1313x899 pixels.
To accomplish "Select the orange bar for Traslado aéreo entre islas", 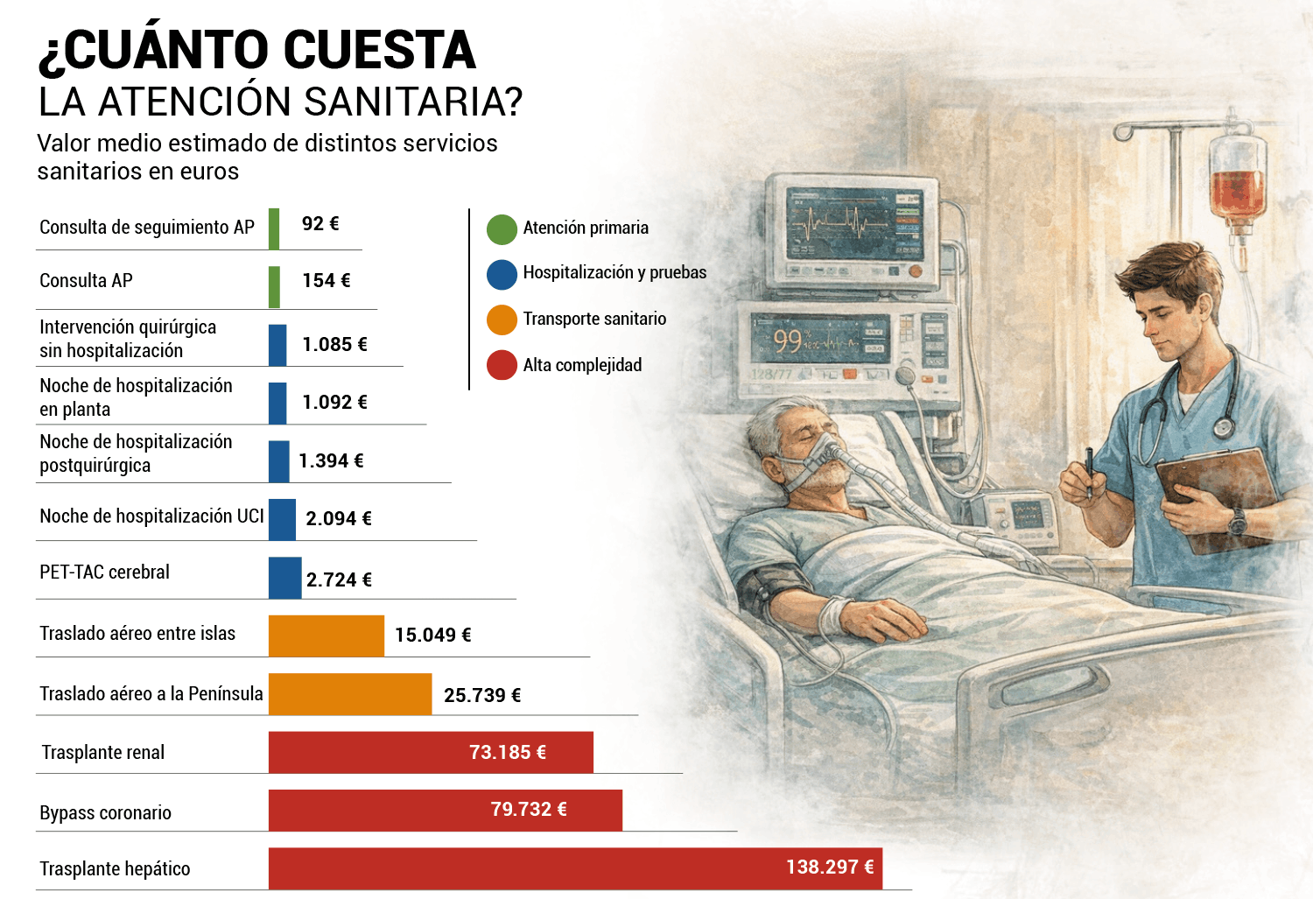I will point(326,636).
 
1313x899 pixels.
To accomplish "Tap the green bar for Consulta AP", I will point(274,287).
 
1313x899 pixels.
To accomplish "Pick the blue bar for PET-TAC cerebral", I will point(284,578).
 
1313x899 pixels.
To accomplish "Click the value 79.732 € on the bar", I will point(529,810).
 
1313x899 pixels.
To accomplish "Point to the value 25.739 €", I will point(481,696).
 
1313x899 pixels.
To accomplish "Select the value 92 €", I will point(319,224).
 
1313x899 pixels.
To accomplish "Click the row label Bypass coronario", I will point(105,812).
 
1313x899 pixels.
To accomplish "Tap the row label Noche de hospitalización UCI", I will point(151,516).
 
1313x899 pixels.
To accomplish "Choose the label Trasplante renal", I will point(103,753).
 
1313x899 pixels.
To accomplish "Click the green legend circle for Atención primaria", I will point(502,229).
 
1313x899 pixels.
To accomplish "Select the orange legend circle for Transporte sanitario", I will point(502,320).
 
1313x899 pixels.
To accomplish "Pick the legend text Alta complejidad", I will point(582,365).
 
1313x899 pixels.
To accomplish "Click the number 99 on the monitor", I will point(787,341).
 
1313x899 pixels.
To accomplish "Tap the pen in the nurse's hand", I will point(1089,471).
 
